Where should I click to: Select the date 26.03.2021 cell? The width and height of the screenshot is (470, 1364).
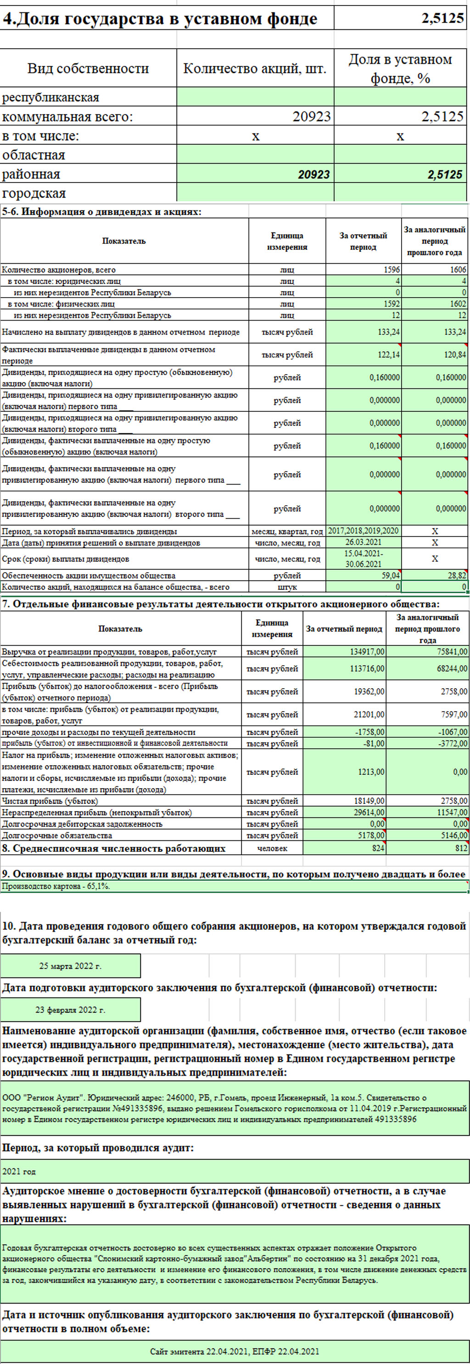[364, 542]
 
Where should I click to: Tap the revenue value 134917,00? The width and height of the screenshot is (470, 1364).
[368, 652]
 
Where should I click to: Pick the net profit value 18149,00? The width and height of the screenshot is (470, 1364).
[369, 801]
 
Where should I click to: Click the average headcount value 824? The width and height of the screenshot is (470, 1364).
[377, 848]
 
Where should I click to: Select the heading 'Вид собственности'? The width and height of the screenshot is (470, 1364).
[88, 68]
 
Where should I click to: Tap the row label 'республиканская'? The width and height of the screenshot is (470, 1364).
[51, 97]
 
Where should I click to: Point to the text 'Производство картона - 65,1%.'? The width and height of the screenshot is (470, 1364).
[56, 886]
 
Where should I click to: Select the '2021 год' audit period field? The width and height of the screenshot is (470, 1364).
[19, 1172]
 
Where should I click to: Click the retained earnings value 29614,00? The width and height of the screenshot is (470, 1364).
[369, 813]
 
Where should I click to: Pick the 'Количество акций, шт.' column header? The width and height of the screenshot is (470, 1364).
[255, 68]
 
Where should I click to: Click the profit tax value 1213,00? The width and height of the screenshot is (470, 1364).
[371, 772]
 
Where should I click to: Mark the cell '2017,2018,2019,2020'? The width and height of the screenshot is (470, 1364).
[364, 530]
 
